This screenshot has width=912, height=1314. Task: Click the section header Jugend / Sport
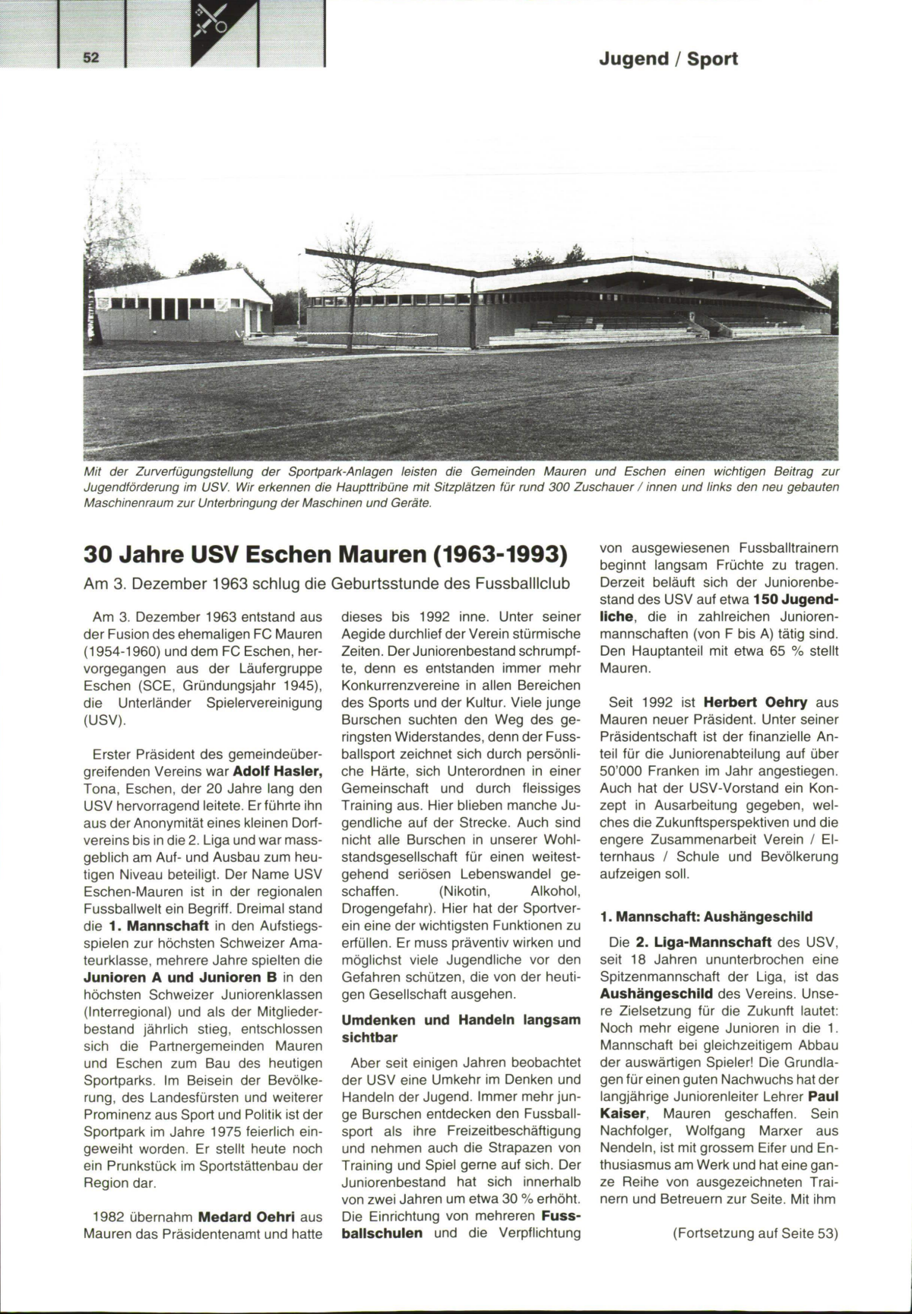click(668, 59)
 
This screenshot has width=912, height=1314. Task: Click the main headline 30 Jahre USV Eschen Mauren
click(325, 554)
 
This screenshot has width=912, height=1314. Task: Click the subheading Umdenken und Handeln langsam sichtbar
click(461, 1028)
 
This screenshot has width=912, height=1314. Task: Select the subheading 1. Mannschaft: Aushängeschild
click(706, 916)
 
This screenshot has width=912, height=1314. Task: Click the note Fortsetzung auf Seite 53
click(755, 1233)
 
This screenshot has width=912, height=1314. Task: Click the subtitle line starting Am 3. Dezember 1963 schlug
click(327, 584)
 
